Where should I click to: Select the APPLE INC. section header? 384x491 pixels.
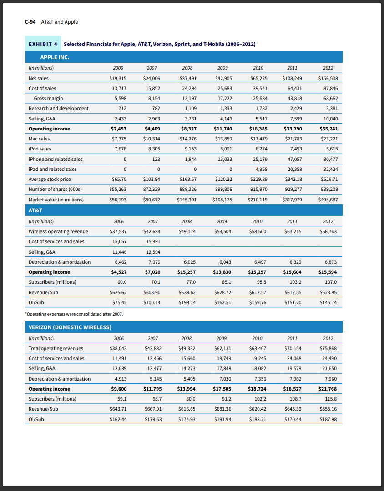[49, 57]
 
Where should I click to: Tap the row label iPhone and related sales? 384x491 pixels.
[56, 159]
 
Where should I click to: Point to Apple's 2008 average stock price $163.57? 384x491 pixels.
[187, 179]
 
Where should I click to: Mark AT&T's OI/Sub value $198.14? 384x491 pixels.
[187, 302]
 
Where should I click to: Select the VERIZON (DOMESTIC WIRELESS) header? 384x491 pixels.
[70, 327]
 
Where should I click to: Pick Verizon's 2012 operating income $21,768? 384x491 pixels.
[328, 389]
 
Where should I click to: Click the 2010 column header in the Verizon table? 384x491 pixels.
[258, 338]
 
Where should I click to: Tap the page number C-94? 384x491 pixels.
[30, 22]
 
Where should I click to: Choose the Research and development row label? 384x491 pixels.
[59, 108]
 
